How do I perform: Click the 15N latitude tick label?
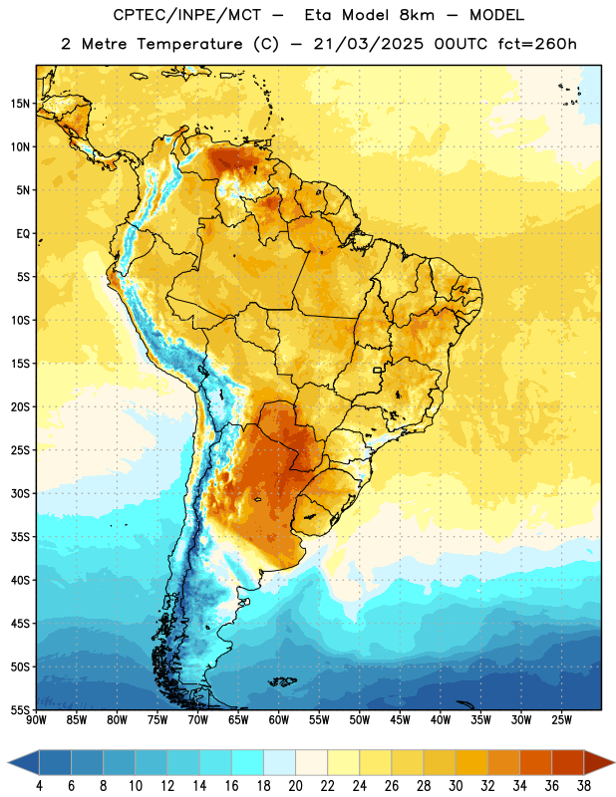click(x=20, y=104)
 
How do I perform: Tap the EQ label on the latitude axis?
click(x=23, y=234)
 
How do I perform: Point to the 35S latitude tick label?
click(x=20, y=537)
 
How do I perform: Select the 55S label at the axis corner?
click(x=20, y=709)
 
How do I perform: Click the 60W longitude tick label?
click(x=279, y=720)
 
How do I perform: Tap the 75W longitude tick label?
click(x=157, y=720)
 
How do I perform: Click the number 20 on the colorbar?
click(x=295, y=786)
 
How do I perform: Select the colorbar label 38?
click(x=583, y=786)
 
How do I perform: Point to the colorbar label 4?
click(x=39, y=786)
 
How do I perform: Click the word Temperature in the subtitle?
click(x=189, y=44)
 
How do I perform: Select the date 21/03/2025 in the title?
click(x=368, y=44)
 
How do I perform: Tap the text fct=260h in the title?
click(x=537, y=44)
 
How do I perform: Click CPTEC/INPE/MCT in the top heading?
click(x=186, y=15)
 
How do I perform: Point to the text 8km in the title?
click(x=417, y=15)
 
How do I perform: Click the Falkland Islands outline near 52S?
click(x=282, y=681)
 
